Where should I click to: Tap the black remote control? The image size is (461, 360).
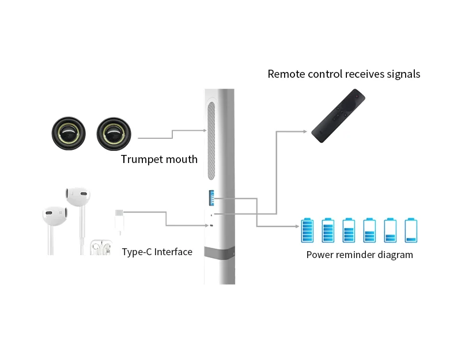339,115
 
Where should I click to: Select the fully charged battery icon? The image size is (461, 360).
307,231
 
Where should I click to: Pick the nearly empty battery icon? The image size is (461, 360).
411,231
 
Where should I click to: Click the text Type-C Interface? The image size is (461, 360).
157,252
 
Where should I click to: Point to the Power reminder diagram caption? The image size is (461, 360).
359,255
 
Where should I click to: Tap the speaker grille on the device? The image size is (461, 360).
211,142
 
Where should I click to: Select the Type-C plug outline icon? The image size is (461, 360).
118,221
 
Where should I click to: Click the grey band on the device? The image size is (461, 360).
219,253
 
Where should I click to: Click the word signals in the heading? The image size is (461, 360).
400,74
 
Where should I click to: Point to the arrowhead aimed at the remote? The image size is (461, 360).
305,131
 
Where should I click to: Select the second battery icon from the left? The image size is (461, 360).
328,231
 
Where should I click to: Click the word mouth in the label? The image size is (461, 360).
182,160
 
